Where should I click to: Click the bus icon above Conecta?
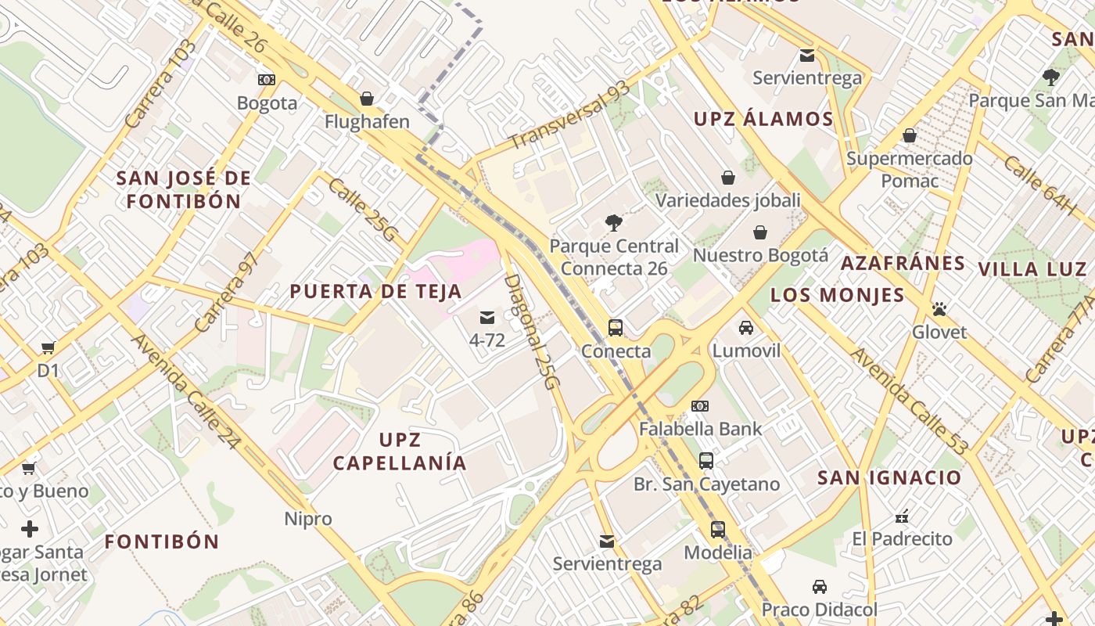pos(616,328)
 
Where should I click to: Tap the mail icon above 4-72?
pos(487,317)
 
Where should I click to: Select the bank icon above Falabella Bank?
pos(700,406)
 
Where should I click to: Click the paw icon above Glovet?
pos(939,309)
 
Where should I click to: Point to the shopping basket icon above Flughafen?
pos(366,99)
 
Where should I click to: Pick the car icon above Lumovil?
pos(746,327)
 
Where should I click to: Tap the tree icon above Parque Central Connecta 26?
pos(614,223)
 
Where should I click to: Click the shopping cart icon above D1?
pos(48,347)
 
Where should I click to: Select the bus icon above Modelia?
pos(717,530)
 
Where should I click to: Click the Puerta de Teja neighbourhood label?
pos(376,292)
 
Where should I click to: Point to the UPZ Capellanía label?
pos(400,451)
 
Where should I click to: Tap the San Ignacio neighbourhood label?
pos(889,477)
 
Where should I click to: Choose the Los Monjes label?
pos(838,295)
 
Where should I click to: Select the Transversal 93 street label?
pos(569,115)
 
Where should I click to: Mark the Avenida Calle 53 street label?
pos(909,401)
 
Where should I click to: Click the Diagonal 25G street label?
pos(533,332)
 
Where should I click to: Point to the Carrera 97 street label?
pos(226,292)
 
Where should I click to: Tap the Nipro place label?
pos(308,519)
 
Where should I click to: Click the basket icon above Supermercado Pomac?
pos(909,136)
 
